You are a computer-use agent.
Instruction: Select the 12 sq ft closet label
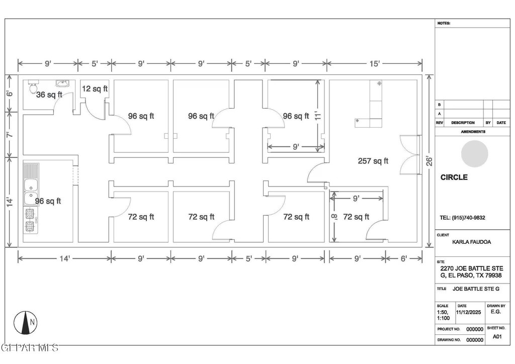[95, 88]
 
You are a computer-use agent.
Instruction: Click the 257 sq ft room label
[373, 161]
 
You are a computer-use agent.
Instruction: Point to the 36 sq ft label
[49, 95]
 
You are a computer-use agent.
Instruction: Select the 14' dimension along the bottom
[65, 258]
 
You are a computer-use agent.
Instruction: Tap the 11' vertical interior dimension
[317, 116]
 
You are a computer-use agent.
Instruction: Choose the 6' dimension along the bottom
[404, 258]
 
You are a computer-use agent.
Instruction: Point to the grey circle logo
[474, 153]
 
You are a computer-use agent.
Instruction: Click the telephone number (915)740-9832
[462, 218]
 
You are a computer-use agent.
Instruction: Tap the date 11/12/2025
[469, 312]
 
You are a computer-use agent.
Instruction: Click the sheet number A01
[497, 336]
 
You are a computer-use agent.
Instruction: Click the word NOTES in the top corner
[444, 23]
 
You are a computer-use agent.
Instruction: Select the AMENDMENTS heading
[473, 132]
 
